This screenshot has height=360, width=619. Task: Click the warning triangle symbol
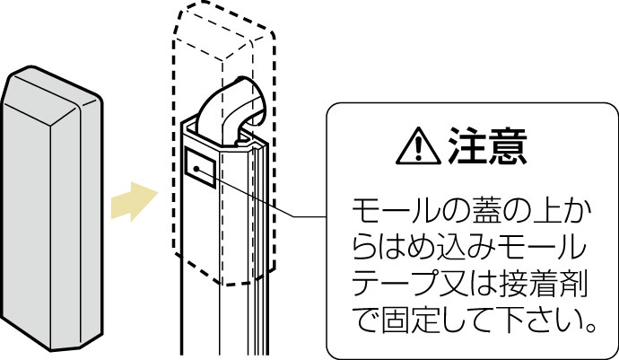pos(418,146)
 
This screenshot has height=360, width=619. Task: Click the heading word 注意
pos(488,145)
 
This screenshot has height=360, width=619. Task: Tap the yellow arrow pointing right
pos(135,201)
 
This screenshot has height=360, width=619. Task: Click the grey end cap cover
pos(52,207)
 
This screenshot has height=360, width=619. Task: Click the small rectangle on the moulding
pos(200,167)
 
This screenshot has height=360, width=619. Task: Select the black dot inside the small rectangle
pos(196,169)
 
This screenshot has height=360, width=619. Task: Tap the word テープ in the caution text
pos(397,285)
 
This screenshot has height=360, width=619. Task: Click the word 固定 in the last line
pos(413,320)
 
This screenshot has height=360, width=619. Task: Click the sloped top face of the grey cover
pos(51,92)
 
